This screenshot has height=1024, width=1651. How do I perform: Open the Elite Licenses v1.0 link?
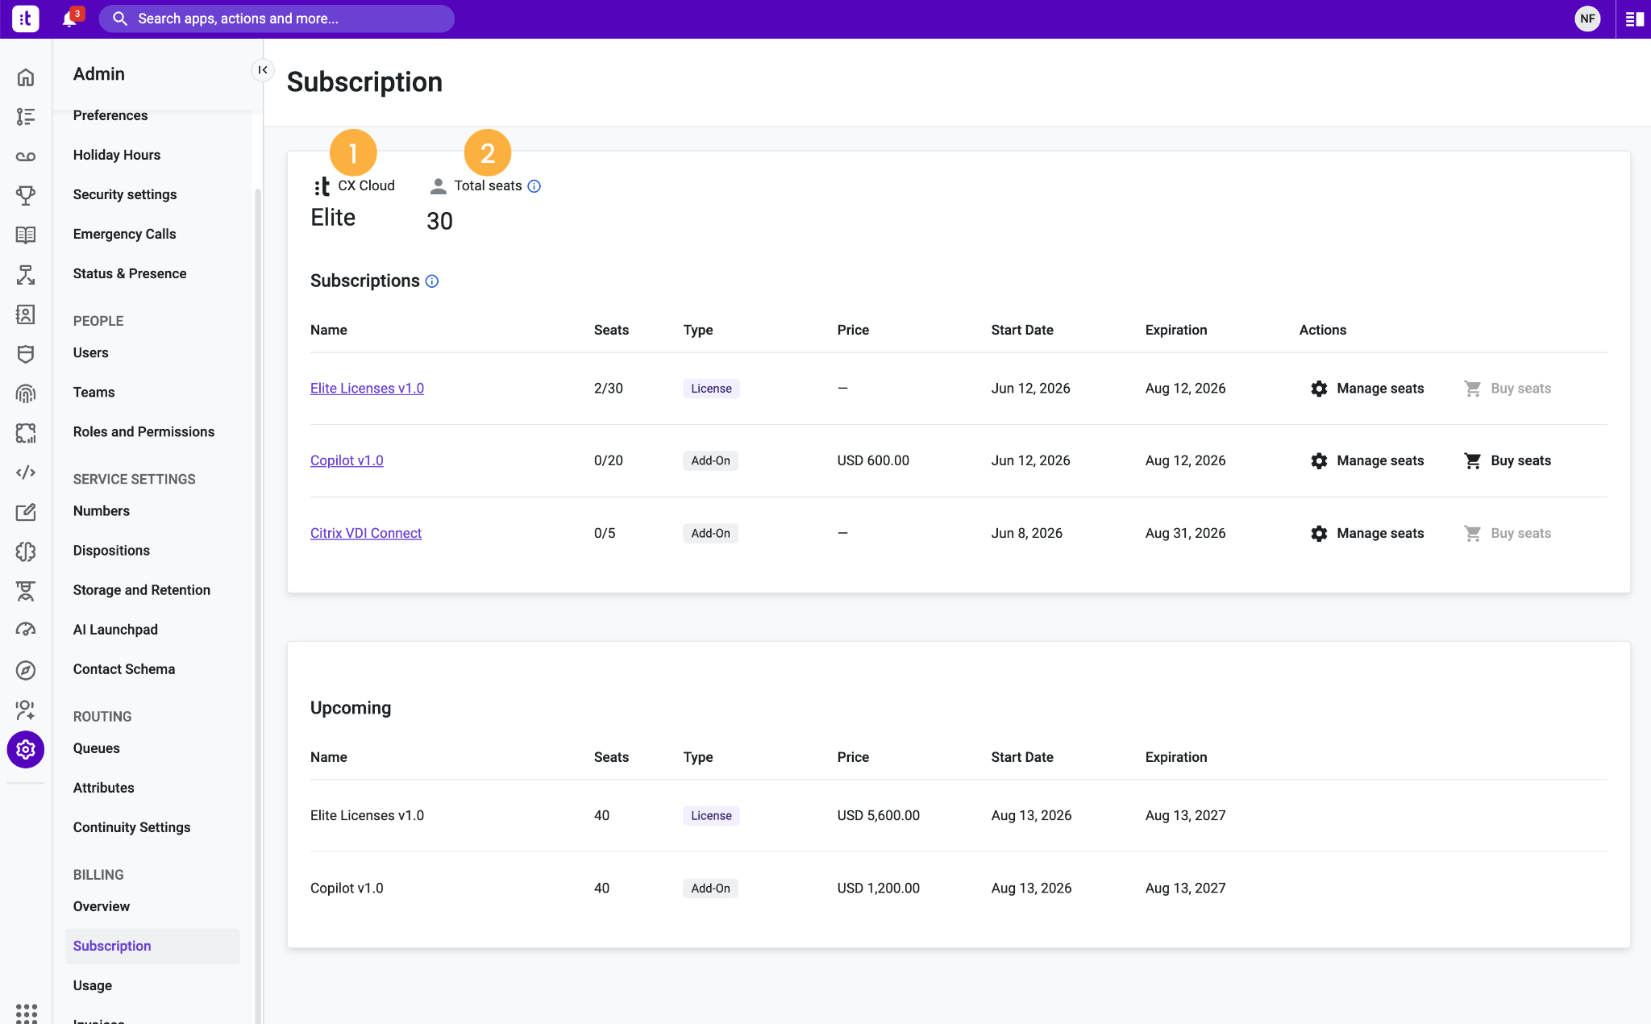click(x=367, y=388)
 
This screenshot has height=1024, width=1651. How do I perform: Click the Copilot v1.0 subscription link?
click(x=347, y=460)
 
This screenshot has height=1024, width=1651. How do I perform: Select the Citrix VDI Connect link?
click(x=366, y=533)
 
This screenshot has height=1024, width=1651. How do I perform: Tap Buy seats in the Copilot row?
click(x=1508, y=460)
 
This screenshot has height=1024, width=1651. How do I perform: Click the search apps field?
click(x=277, y=19)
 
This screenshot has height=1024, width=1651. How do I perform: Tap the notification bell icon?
click(x=70, y=19)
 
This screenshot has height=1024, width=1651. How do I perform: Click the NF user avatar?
click(x=1587, y=19)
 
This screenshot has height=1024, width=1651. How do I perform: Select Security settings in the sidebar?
click(x=125, y=194)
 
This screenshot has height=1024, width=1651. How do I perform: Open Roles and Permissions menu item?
click(x=143, y=431)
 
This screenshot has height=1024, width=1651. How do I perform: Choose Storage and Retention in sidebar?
click(x=142, y=589)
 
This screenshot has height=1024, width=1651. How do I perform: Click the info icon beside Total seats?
click(x=534, y=186)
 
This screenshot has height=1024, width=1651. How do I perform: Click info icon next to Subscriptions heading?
click(x=432, y=281)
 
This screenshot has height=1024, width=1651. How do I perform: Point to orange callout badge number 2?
click(x=488, y=152)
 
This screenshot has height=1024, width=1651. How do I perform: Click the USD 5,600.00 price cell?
click(x=878, y=815)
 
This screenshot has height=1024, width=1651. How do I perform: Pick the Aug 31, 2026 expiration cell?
click(x=1185, y=533)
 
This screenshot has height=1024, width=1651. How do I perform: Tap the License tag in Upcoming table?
click(x=711, y=815)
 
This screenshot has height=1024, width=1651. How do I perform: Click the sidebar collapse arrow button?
click(x=263, y=70)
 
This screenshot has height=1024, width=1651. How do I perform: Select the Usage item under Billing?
click(x=93, y=985)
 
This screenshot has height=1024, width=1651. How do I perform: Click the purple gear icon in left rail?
click(x=26, y=750)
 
